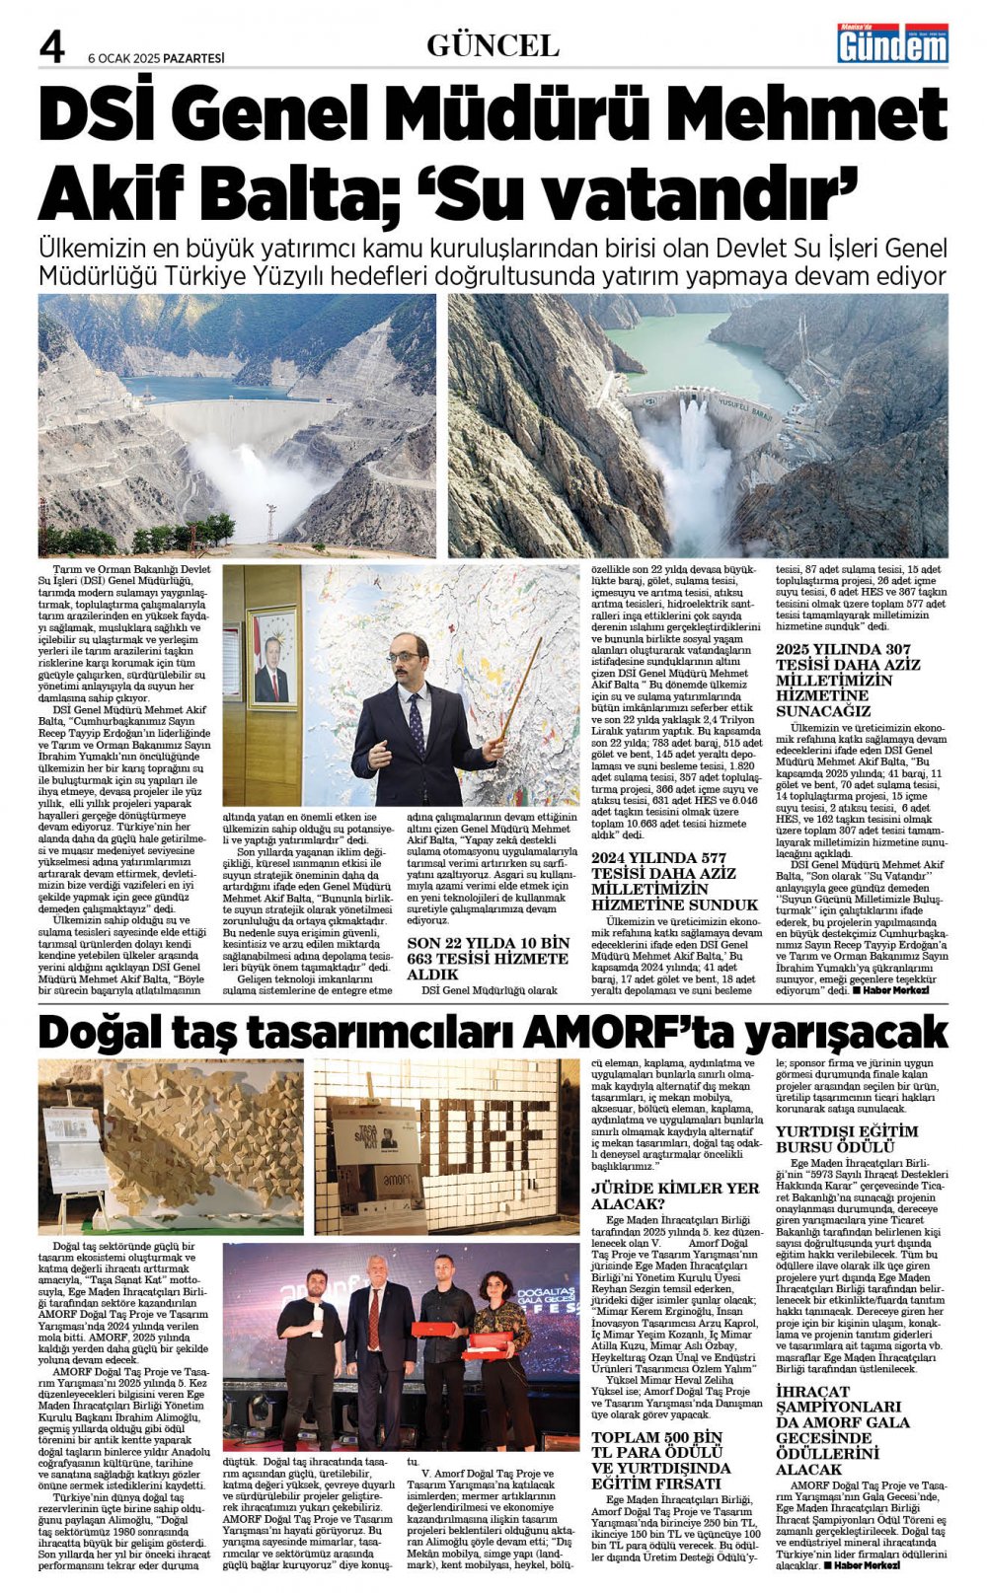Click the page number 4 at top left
[50, 46]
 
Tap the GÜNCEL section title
[493, 45]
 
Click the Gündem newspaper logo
[891, 43]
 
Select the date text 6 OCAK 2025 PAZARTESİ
[156, 58]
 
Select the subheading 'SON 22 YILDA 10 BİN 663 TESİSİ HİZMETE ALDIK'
[489, 958]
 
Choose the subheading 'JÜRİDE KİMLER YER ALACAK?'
[675, 1195]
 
